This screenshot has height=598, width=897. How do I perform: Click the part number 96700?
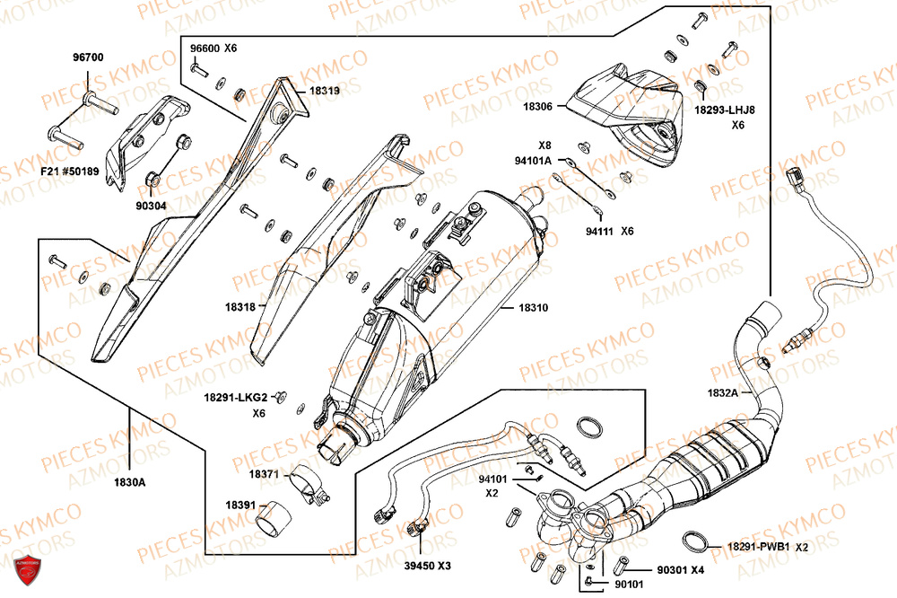click(x=88, y=57)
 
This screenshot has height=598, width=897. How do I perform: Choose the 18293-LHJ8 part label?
click(x=725, y=110)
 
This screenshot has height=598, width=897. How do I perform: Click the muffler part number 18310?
click(x=533, y=308)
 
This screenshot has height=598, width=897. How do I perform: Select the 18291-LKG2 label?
click(x=236, y=397)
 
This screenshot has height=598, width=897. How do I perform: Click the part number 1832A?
click(x=723, y=392)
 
